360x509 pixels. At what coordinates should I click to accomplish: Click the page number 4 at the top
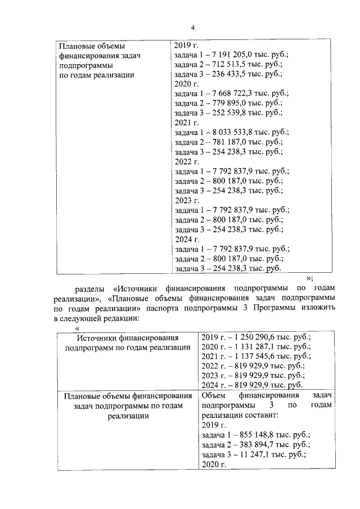click(192, 28)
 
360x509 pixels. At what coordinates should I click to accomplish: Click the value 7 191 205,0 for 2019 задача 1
click(233, 54)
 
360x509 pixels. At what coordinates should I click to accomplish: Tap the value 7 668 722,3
click(233, 93)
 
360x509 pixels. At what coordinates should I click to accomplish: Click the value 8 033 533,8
click(233, 132)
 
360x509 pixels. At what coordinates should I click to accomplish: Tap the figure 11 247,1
click(239, 454)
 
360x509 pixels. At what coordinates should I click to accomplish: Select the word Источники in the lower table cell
click(96, 337)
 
